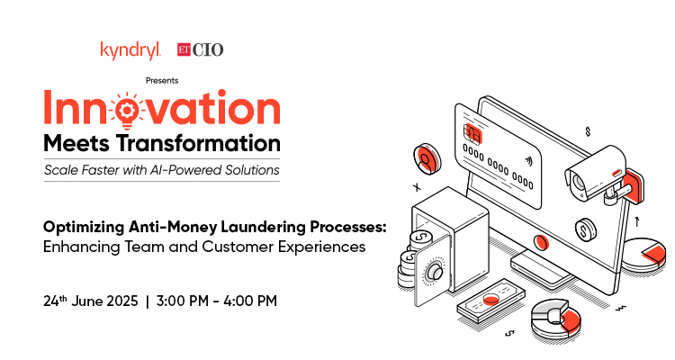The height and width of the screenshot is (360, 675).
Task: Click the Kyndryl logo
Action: click(130, 50)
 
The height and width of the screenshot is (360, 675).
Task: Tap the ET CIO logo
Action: click(200, 49)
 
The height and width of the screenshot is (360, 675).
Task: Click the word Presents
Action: click(162, 80)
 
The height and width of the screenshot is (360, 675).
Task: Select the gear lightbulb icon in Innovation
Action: click(127, 110)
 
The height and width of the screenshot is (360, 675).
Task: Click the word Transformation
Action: click(199, 143)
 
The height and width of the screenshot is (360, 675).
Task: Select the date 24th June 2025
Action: click(90, 301)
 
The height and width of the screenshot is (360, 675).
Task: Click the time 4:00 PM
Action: click(250, 301)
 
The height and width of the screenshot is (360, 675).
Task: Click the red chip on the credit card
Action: click(472, 132)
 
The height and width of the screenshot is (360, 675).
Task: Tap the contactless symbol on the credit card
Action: click(528, 161)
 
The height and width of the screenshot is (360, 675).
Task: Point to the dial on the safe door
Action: click(435, 272)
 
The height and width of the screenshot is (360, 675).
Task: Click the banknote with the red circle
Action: click(490, 301)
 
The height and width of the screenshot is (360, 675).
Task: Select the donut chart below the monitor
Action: click(555, 319)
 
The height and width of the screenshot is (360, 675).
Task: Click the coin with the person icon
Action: click(427, 159)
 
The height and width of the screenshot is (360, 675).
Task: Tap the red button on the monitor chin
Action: click(541, 242)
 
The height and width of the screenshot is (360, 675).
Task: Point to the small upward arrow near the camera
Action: click(636, 221)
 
